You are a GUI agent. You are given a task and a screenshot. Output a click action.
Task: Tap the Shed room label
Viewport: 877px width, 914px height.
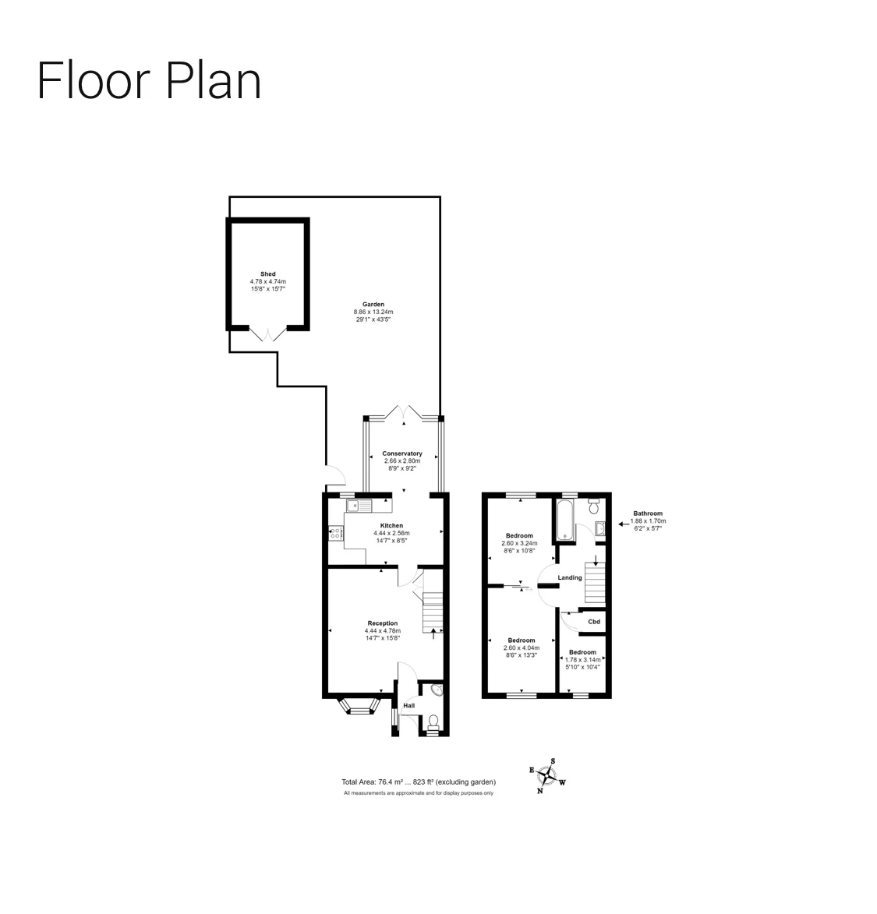(x=268, y=274)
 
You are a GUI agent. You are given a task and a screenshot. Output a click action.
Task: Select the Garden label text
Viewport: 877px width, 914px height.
(x=373, y=305)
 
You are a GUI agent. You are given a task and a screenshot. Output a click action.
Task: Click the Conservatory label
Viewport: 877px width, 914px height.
(x=402, y=453)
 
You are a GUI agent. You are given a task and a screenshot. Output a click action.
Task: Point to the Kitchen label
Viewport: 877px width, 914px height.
(x=392, y=526)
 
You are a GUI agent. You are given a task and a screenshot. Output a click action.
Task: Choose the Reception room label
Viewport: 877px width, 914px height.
(x=383, y=623)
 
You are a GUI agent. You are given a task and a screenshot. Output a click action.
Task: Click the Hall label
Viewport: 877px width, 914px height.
(x=408, y=706)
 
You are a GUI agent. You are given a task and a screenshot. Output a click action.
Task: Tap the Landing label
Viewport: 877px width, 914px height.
(x=570, y=577)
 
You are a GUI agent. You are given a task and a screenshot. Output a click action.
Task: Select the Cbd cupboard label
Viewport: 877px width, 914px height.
(x=594, y=622)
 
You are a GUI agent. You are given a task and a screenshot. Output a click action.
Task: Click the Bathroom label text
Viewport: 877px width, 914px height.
(x=648, y=513)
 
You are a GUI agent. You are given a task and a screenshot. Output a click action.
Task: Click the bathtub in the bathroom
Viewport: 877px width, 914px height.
(x=565, y=520)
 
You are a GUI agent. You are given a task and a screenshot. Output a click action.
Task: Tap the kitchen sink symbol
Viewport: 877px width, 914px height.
(x=359, y=506)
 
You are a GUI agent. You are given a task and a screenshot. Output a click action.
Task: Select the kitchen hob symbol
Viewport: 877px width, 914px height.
(x=335, y=533)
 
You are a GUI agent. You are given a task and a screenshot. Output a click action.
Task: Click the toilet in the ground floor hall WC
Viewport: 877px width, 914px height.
(x=433, y=723)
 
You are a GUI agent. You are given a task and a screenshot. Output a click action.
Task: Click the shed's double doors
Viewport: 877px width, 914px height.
(x=267, y=334)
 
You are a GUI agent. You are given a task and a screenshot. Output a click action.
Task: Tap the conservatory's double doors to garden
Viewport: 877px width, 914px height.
(x=403, y=411)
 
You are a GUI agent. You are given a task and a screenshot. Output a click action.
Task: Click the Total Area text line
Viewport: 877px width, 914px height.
(x=419, y=782)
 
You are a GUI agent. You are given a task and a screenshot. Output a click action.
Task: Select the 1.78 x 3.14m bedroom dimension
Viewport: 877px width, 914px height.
(x=582, y=660)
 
